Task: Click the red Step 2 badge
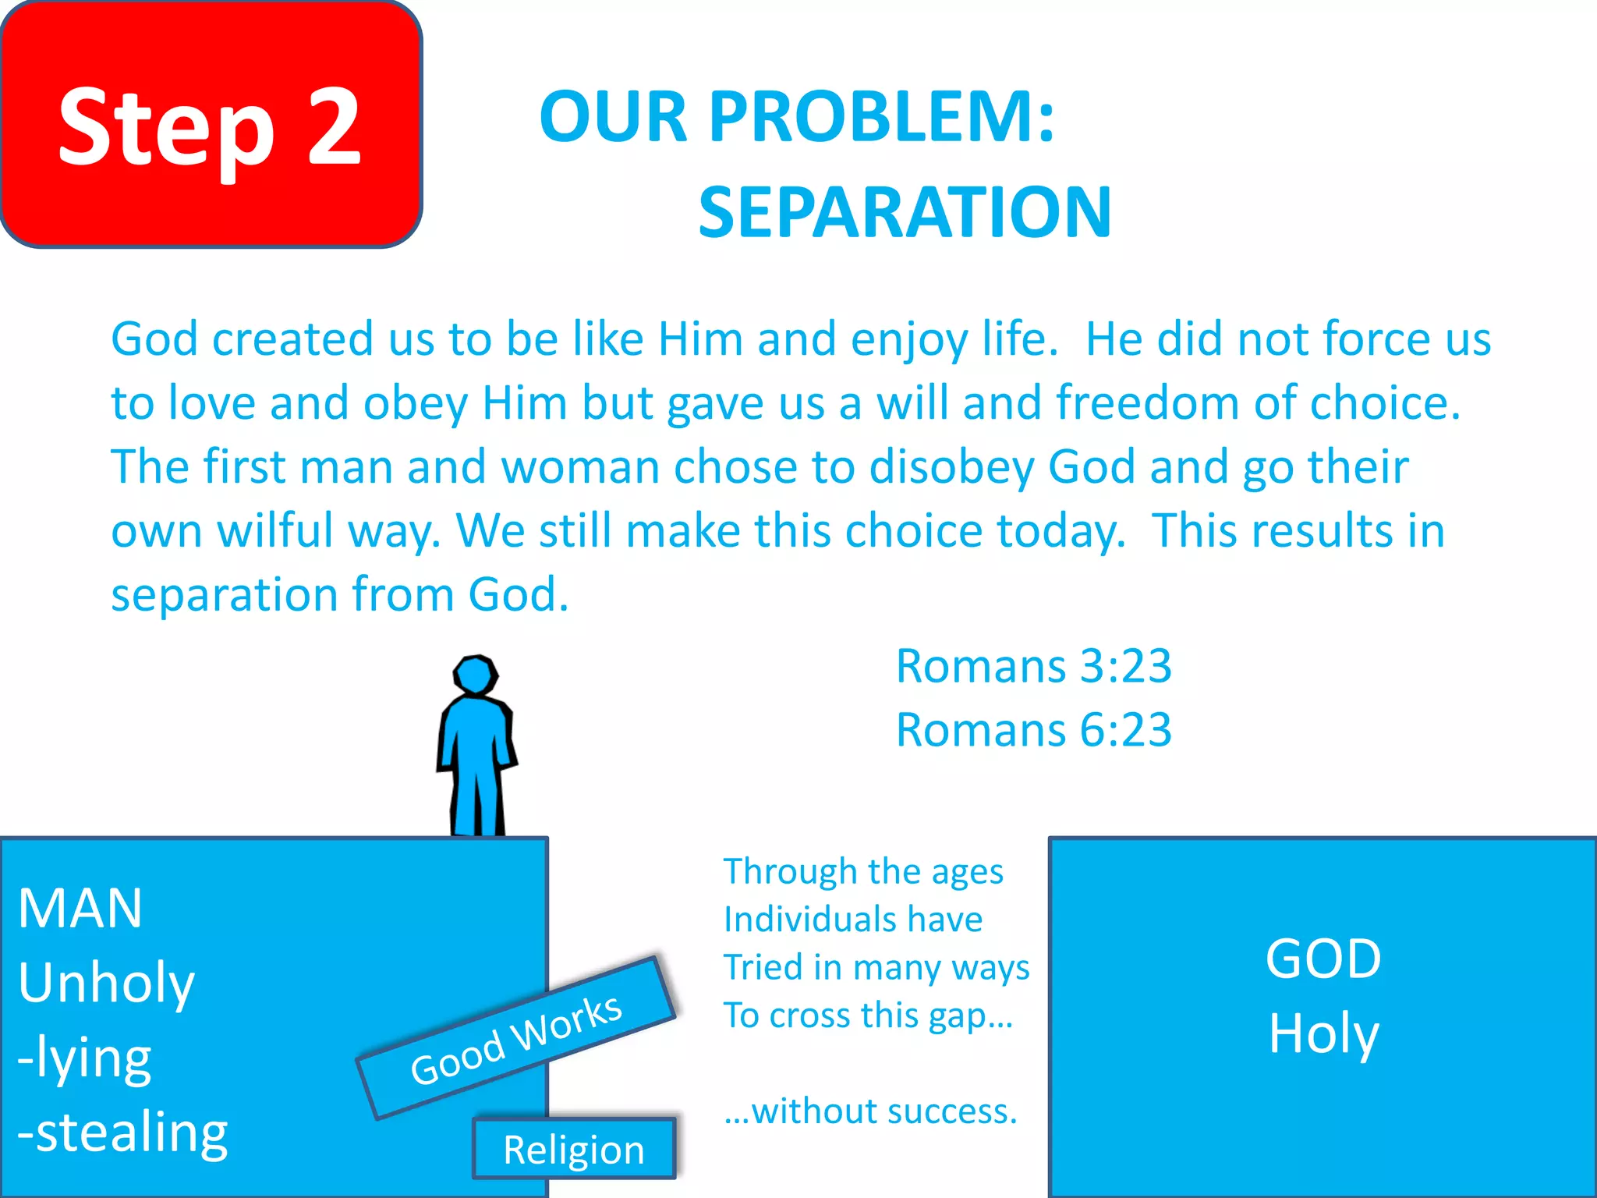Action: pos(211,125)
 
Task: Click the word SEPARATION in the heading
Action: pos(905,212)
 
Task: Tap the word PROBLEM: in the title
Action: pos(881,117)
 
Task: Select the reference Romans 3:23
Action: pos(1033,667)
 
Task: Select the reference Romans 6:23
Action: pos(1033,731)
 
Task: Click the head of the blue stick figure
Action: pos(475,675)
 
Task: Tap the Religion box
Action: pos(574,1150)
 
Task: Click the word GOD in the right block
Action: pos(1323,959)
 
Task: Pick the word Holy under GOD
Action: pos(1323,1033)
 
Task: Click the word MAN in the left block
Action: pos(80,909)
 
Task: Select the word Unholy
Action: pos(106,984)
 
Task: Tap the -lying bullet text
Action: pos(84,1058)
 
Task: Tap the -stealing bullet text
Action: pos(122,1132)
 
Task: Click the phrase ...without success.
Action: pos(870,1111)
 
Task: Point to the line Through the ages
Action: pos(863,872)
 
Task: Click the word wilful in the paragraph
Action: pos(275,532)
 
